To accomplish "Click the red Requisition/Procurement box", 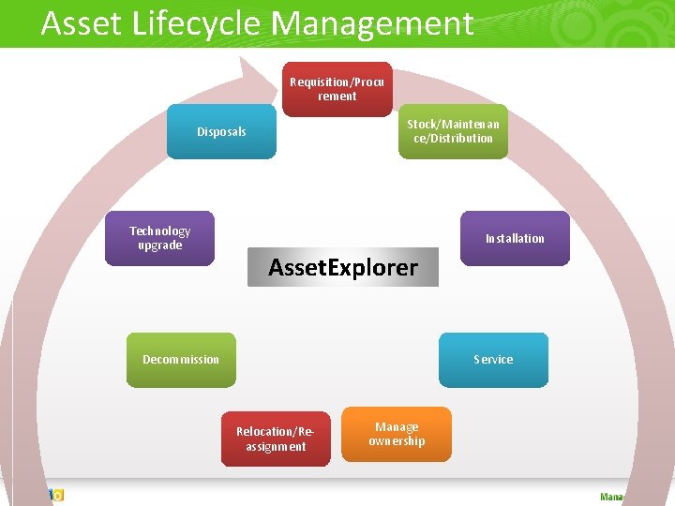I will click(337, 89).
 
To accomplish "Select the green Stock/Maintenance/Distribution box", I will click(453, 131).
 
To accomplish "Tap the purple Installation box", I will click(515, 238).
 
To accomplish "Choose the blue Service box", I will click(493, 360).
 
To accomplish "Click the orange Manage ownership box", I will click(396, 434).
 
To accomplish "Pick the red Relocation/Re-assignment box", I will click(276, 439).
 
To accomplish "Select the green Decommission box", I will click(182, 360).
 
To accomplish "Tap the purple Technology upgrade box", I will click(159, 238).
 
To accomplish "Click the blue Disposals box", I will click(221, 132).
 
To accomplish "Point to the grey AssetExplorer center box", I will click(342, 267).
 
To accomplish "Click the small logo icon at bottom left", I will click(55, 495).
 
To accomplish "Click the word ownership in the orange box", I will click(397, 441).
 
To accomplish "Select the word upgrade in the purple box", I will click(159, 246).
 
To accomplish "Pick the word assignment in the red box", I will click(276, 447).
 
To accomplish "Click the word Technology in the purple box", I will click(159, 231).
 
